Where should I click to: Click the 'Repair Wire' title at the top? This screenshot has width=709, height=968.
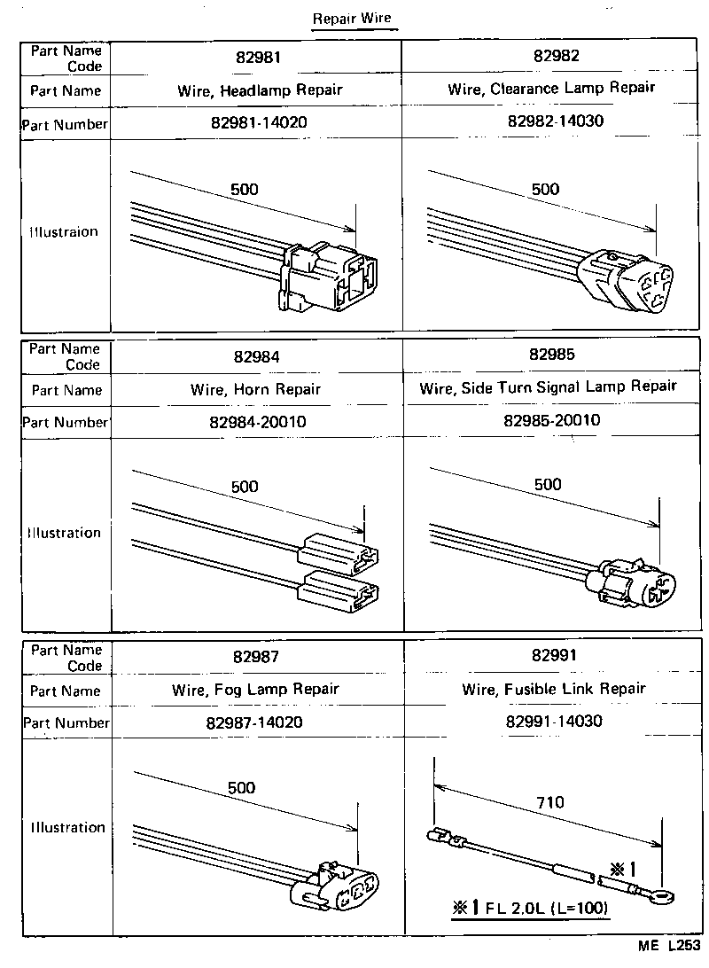(352, 19)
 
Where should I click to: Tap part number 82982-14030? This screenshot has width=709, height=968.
(556, 121)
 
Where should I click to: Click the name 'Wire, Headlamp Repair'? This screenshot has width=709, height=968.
(256, 90)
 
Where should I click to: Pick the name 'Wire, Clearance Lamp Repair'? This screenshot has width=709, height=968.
(551, 88)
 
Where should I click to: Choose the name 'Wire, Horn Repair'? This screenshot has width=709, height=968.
(256, 389)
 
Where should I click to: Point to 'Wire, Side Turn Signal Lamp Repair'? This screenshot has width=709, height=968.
(548, 386)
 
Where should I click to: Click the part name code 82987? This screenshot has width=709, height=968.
(256, 657)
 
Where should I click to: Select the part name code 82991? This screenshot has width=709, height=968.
(554, 656)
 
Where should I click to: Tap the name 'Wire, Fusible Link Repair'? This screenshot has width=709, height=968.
(554, 689)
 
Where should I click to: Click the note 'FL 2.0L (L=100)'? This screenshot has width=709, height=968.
(532, 909)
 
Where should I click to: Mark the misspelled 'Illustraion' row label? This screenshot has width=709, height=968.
(63, 232)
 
